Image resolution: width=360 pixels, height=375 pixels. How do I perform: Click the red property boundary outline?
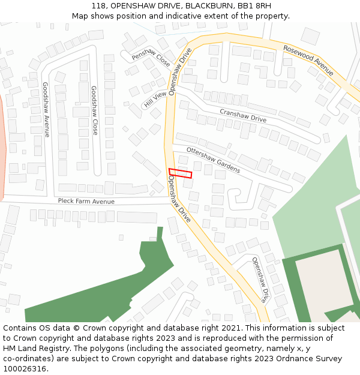[180, 173]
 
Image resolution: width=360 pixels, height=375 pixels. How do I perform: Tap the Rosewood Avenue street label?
[308, 60]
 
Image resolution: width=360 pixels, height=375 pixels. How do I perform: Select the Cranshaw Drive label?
[243, 115]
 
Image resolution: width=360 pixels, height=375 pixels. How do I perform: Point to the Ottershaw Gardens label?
[213, 160]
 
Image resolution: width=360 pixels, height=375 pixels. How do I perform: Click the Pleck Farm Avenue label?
[86, 202]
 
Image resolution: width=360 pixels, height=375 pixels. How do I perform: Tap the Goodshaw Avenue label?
[46, 109]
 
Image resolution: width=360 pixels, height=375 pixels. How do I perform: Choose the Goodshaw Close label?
[94, 110]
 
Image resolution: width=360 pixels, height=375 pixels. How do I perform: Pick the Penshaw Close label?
[151, 57]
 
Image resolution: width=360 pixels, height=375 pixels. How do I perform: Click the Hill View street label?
[155, 100]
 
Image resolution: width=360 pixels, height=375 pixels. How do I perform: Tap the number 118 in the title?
[100, 5]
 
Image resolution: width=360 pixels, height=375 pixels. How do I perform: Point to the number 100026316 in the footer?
[24, 369]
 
